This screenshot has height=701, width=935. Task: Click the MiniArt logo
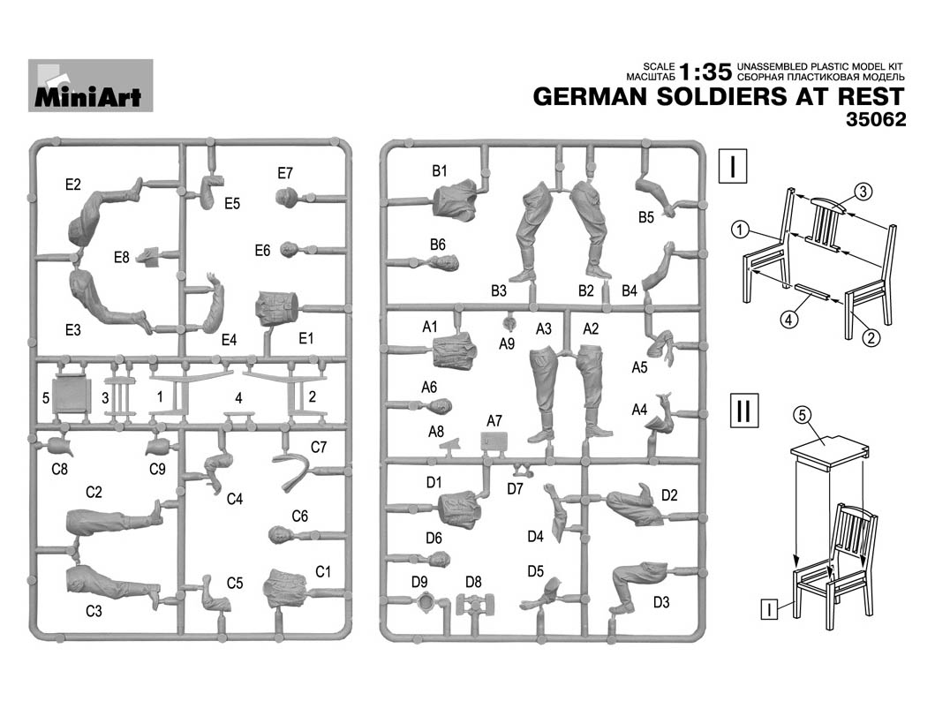[x=90, y=86]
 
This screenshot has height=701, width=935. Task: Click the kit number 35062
[x=875, y=121]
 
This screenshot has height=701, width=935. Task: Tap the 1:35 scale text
[x=705, y=72]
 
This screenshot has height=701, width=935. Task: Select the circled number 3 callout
[x=863, y=190]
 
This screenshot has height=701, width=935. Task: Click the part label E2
[x=73, y=185]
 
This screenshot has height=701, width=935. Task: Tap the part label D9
[x=419, y=582]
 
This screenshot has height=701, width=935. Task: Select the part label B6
[x=438, y=244]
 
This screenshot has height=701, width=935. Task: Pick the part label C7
[x=319, y=448]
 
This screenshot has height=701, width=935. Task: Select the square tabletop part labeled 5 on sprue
[x=72, y=396]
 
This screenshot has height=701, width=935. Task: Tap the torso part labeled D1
[x=459, y=509]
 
